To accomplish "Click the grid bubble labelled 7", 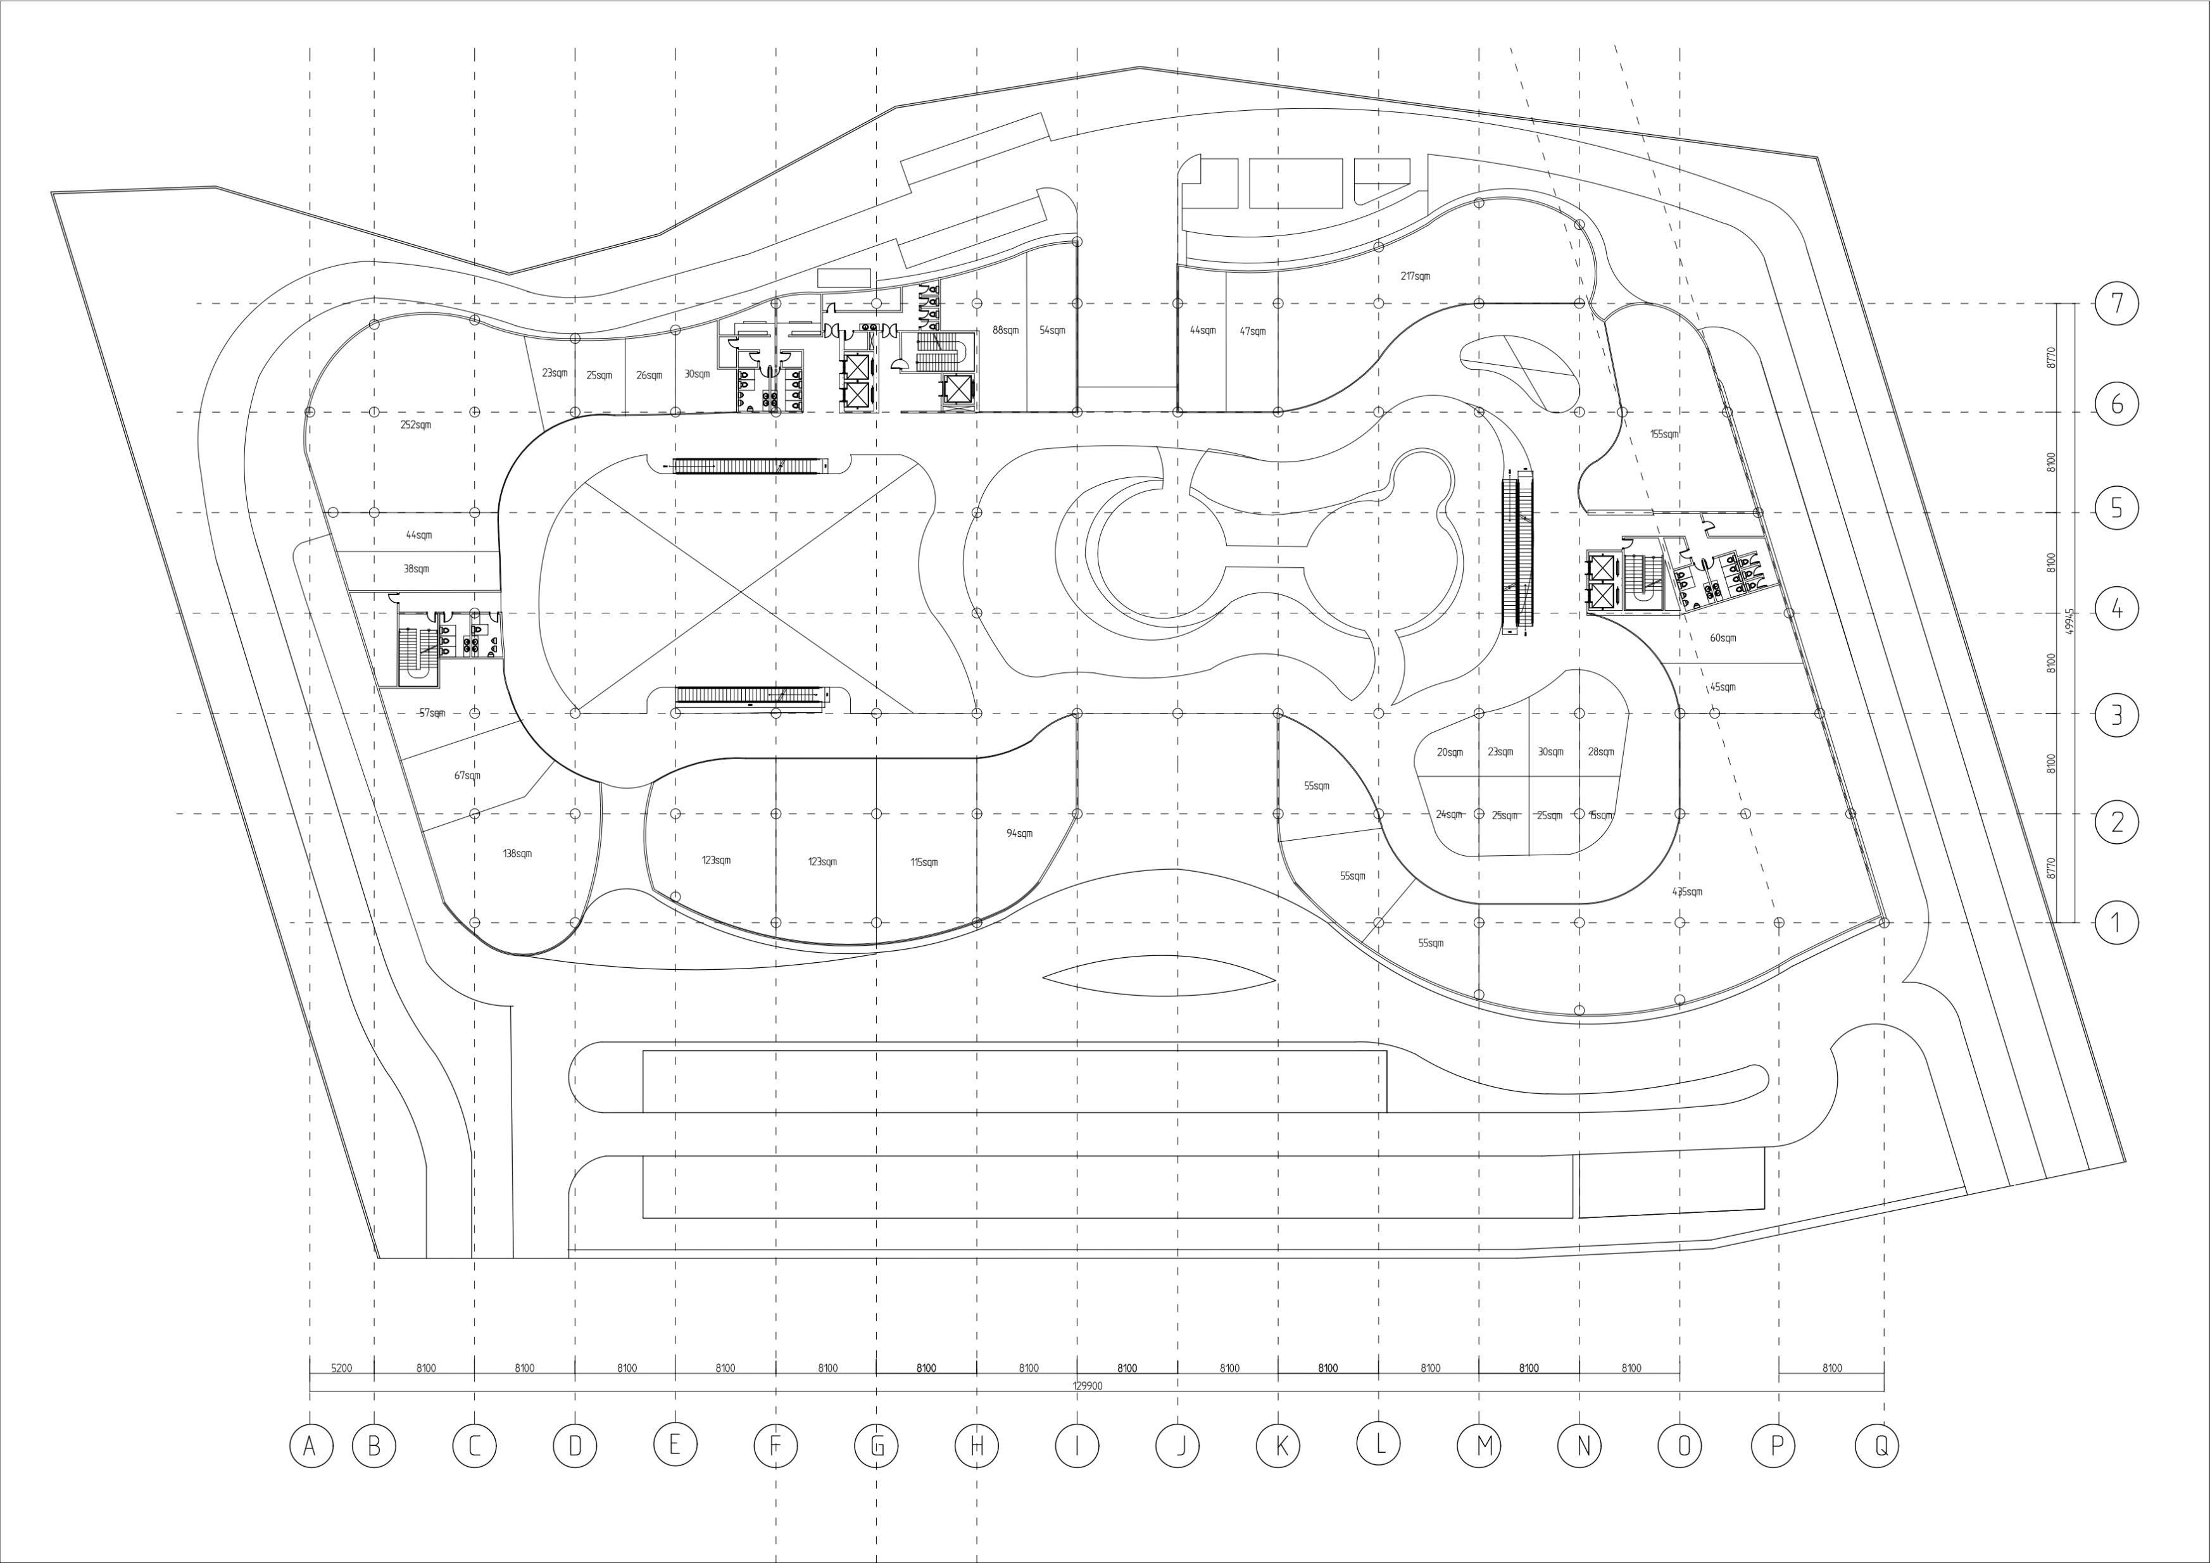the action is click(x=2116, y=304).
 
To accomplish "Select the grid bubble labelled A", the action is click(x=310, y=1446).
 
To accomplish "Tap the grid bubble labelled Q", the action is click(x=1877, y=1446).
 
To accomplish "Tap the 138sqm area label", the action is click(x=517, y=855).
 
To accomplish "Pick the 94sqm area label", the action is click(x=1019, y=834).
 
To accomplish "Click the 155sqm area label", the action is click(x=1664, y=435).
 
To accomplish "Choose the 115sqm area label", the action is click(x=924, y=862).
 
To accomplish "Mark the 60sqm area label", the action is click(x=1723, y=638).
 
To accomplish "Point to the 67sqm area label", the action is click(x=467, y=775).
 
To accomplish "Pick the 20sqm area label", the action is click(x=1450, y=753).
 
